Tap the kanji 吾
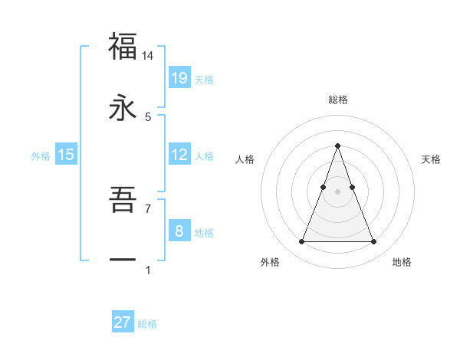(x=123, y=201)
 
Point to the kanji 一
(x=123, y=260)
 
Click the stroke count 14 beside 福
(x=148, y=56)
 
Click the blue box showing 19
(x=179, y=77)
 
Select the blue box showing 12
(x=179, y=155)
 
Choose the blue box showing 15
(x=66, y=155)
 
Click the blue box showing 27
(x=123, y=322)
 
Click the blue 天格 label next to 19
(x=204, y=79)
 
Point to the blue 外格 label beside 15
(x=41, y=155)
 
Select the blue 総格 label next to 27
(x=147, y=324)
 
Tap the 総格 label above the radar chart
(x=337, y=100)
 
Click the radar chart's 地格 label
(x=402, y=262)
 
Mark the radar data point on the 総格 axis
(x=337, y=146)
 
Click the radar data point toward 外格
(x=301, y=242)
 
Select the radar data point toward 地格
(x=373, y=242)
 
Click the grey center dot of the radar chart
(x=337, y=191)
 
